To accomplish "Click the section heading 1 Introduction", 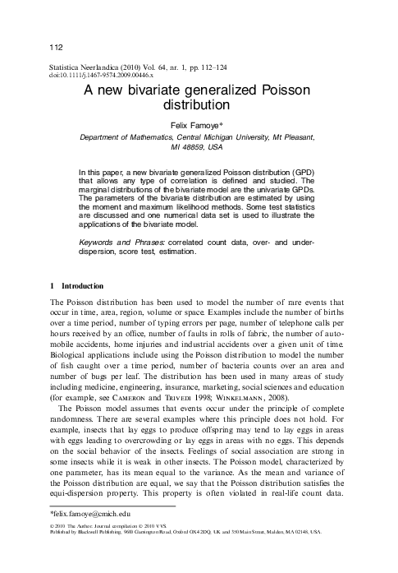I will (x=78, y=286).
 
